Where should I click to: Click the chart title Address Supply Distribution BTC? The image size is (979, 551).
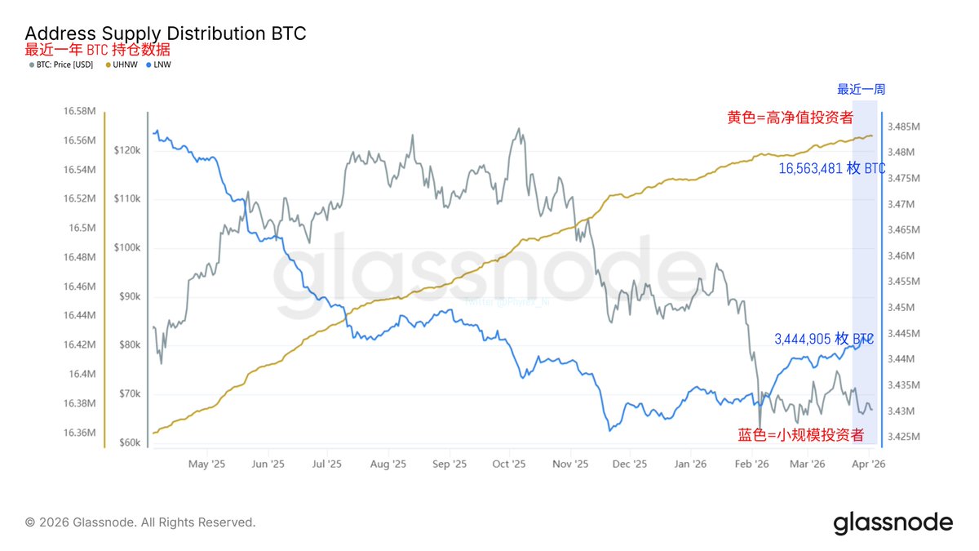point(166,33)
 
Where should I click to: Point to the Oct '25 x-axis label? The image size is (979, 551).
point(508,464)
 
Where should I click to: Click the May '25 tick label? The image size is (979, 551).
point(206,464)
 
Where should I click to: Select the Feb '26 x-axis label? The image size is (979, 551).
point(751,464)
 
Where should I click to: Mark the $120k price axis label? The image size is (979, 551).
point(128,151)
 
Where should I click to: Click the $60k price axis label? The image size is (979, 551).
point(131,443)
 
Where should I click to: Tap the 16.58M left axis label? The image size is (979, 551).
point(79,111)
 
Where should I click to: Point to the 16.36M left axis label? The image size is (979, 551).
point(79,433)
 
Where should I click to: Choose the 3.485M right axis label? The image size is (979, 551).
point(904,127)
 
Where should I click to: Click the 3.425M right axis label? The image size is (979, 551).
point(904,437)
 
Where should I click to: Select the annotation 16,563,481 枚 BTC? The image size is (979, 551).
point(831,169)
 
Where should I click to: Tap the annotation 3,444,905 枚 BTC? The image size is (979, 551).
point(822,338)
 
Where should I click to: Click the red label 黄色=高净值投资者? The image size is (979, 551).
point(790,117)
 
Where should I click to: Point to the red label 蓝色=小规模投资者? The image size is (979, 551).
point(800,434)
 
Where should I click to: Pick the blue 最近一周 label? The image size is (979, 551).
point(861,90)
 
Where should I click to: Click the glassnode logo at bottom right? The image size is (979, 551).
point(893,522)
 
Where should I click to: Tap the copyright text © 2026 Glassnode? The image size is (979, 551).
point(140,522)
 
